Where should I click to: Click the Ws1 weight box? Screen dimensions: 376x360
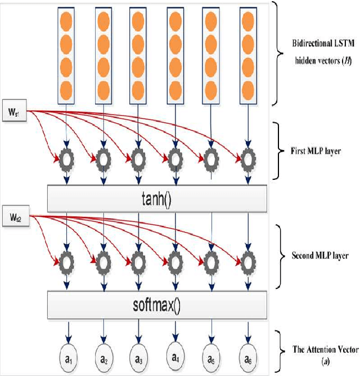[x=14, y=107]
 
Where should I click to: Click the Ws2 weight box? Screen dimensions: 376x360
[x=14, y=216]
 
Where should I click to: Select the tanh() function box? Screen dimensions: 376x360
[x=156, y=197]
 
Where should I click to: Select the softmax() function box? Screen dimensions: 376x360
[x=156, y=306]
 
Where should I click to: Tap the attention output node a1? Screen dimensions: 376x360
[x=67, y=357]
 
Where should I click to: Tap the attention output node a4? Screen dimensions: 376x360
[x=175, y=356]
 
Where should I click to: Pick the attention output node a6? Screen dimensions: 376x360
[x=247, y=357]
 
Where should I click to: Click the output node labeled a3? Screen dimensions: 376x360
[x=139, y=357]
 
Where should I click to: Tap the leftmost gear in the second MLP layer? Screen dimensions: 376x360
[x=67, y=261]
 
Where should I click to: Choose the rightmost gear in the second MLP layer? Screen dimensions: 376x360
[x=247, y=261]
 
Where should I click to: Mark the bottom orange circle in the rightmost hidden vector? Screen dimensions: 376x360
[x=247, y=88]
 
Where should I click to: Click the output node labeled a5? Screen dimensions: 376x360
[x=211, y=357]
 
